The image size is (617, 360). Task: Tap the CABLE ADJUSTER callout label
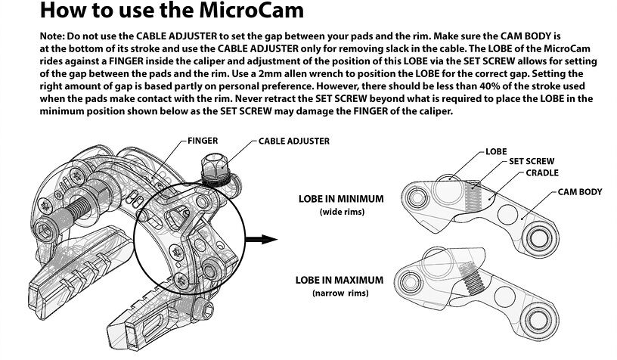point(293,141)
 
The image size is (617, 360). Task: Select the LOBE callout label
point(496,151)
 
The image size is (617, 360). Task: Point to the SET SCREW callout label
point(532,162)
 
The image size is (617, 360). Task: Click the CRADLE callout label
point(541,172)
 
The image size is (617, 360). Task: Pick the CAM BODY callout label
point(579,192)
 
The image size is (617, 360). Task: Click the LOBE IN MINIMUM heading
point(342,199)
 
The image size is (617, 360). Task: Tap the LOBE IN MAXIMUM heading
point(340,280)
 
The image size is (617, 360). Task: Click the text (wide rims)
point(342,213)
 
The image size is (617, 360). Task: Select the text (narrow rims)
point(340,293)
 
